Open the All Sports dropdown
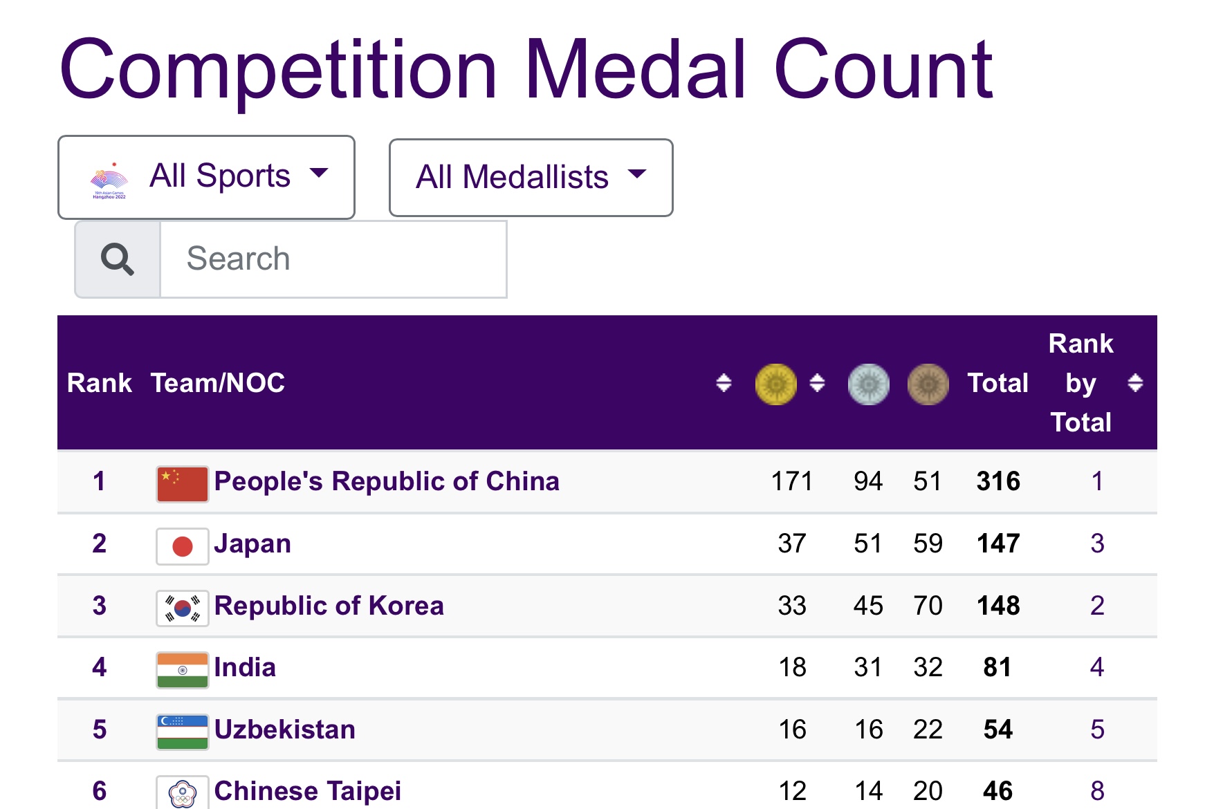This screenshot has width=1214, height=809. click(206, 177)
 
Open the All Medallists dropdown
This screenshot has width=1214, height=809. click(531, 178)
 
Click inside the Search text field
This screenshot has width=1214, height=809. click(333, 259)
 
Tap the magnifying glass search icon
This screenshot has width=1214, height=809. click(118, 259)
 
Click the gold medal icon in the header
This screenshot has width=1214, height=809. click(775, 384)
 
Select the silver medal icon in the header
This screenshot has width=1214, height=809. click(868, 384)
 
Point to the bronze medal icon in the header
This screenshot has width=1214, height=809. click(928, 384)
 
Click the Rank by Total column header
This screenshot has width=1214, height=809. click(1080, 383)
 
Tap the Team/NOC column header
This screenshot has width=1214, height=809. click(218, 383)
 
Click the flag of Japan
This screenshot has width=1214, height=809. click(183, 546)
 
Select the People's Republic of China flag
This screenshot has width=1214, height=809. click(183, 484)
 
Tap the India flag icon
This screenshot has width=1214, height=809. click(183, 670)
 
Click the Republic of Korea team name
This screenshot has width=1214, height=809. click(329, 606)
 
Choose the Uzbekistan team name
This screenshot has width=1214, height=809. click(285, 729)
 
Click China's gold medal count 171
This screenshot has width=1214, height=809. click(792, 481)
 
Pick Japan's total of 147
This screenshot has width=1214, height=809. click(998, 543)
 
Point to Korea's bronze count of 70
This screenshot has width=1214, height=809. click(928, 606)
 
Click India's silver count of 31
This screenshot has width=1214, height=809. click(868, 667)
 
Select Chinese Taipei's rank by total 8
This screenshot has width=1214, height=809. click(1097, 791)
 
